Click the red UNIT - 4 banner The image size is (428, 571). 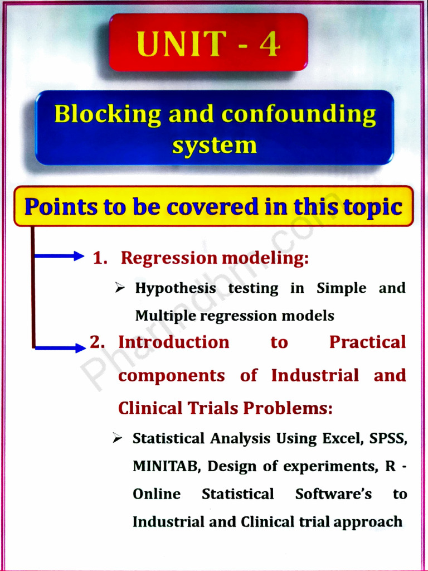(x=208, y=43)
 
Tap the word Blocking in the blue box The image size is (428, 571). (x=108, y=114)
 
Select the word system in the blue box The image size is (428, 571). (x=214, y=145)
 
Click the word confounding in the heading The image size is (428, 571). (x=299, y=114)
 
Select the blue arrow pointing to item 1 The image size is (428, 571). (x=59, y=257)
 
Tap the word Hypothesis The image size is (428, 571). (x=176, y=288)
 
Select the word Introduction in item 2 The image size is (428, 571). (x=173, y=342)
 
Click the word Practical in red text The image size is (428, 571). (x=367, y=342)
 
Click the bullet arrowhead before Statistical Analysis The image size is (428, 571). (x=117, y=438)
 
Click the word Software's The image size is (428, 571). (x=333, y=494)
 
